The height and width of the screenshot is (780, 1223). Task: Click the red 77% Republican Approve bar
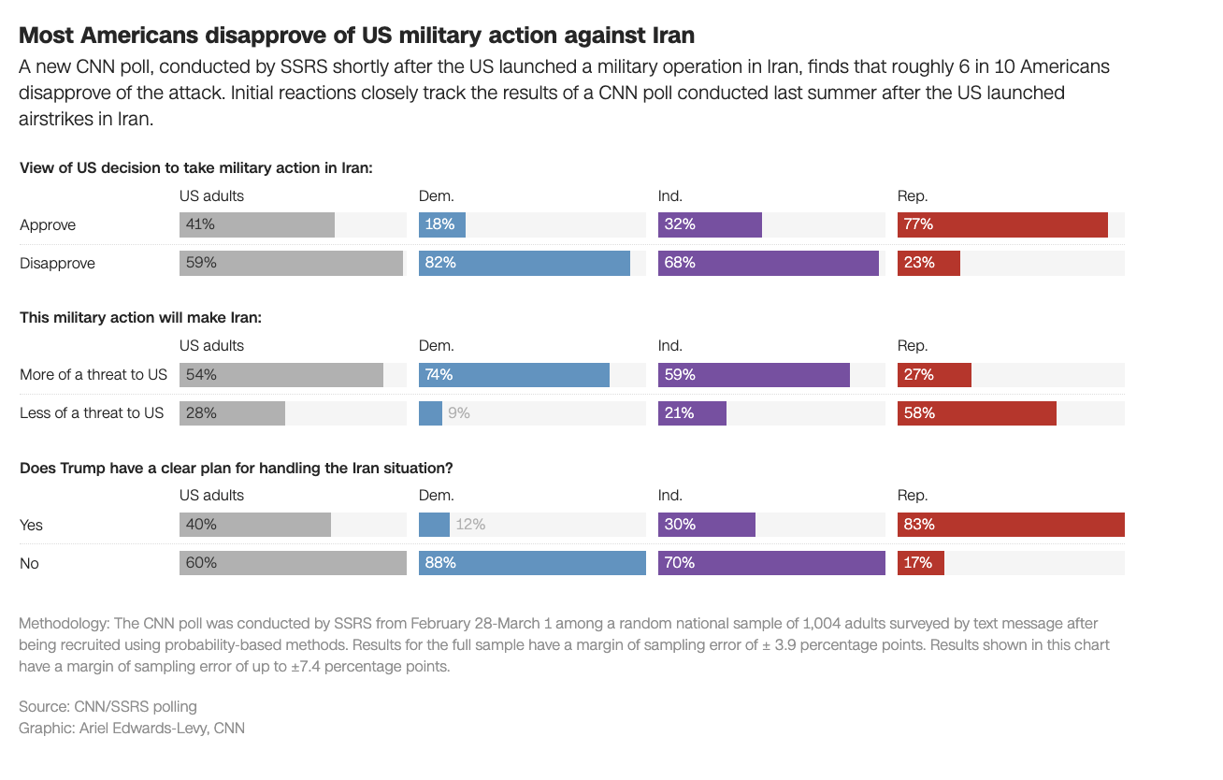pos(1002,225)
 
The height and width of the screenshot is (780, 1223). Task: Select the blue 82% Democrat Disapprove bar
pos(524,264)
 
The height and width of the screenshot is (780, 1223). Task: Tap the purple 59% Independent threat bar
pos(754,375)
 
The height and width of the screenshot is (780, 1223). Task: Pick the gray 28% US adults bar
pos(232,413)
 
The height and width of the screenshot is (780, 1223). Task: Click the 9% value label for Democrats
pos(458,413)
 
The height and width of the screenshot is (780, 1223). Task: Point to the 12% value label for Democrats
pos(470,525)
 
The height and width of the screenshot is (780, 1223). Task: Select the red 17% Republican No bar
pos(920,563)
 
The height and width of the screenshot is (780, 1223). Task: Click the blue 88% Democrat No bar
pos(532,563)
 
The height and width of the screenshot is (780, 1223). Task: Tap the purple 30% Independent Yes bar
pos(706,525)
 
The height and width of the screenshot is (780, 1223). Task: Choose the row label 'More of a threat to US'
pos(94,375)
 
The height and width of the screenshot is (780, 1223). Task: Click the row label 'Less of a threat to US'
pos(92,413)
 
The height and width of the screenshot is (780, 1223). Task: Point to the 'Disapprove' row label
pos(57,264)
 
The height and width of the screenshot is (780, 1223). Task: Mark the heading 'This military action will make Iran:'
pos(140,318)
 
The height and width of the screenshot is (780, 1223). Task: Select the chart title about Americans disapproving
pos(356,36)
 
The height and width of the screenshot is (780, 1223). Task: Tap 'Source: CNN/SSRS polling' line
pos(108,706)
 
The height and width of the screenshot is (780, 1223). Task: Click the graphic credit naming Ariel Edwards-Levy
pos(132,728)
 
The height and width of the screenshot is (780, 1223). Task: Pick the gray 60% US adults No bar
pos(293,563)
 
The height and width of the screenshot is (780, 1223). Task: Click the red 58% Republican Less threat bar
pos(976,413)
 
